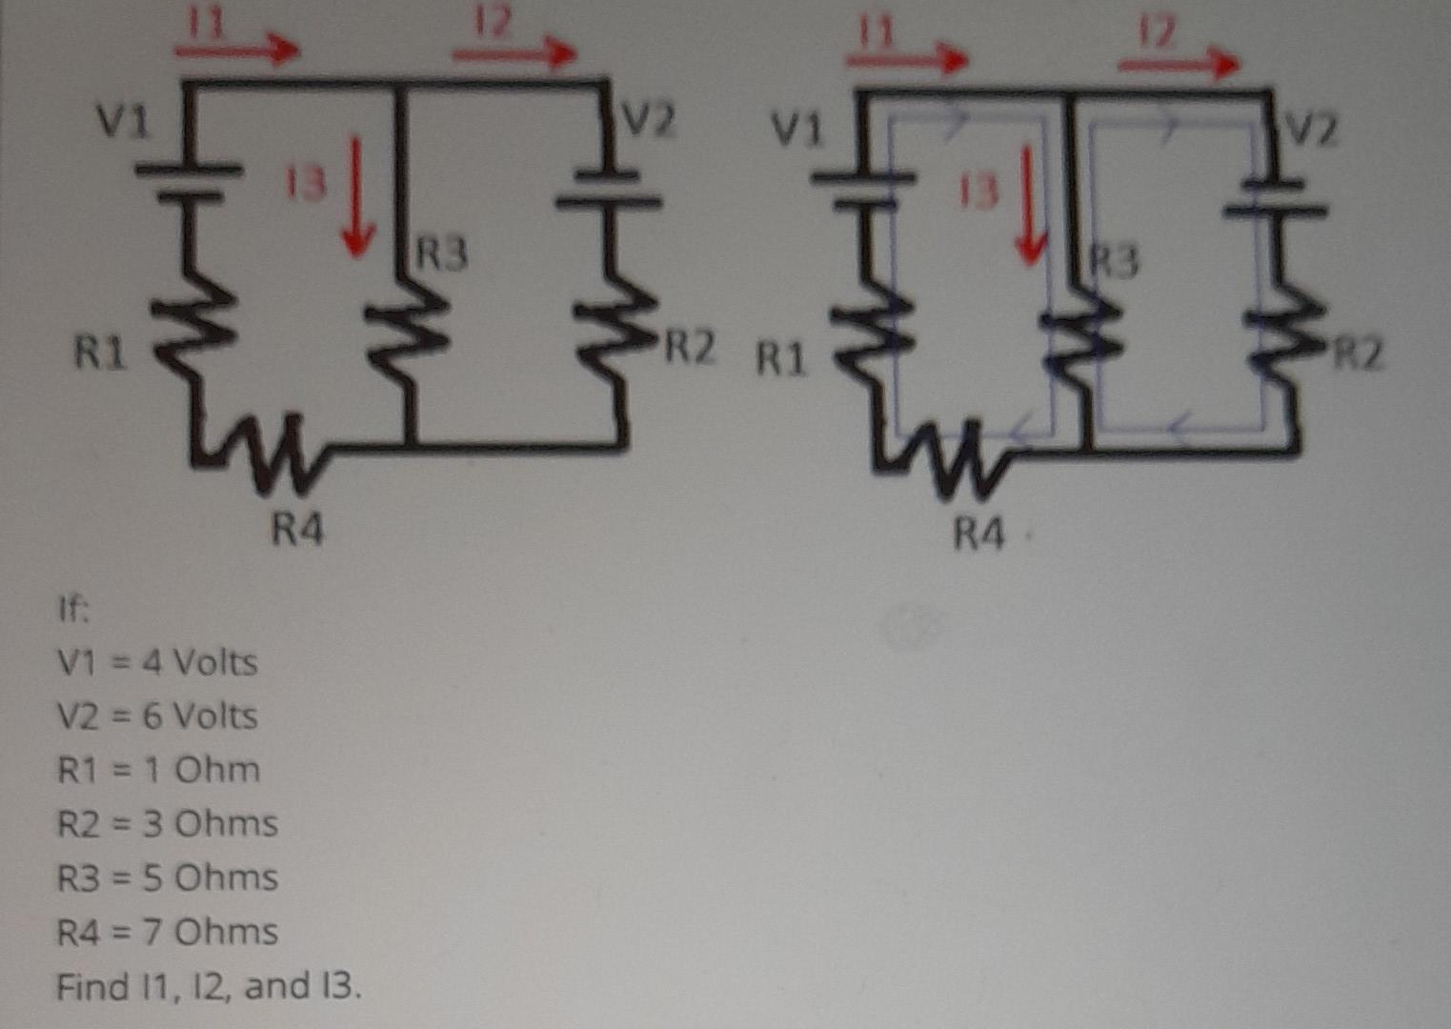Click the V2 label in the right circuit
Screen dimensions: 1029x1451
point(1312,130)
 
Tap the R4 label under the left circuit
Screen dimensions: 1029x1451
point(297,528)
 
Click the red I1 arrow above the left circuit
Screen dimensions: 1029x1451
point(236,48)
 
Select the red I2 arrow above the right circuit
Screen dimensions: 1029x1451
point(1178,63)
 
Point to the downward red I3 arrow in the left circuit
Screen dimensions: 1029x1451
point(357,195)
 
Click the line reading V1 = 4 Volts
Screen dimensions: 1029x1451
point(157,661)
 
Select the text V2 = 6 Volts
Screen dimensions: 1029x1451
point(157,716)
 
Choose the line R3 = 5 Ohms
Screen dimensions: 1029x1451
point(168,878)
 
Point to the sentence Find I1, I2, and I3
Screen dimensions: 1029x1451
point(209,986)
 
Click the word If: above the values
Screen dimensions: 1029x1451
point(73,610)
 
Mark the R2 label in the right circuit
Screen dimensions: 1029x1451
point(1357,354)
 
